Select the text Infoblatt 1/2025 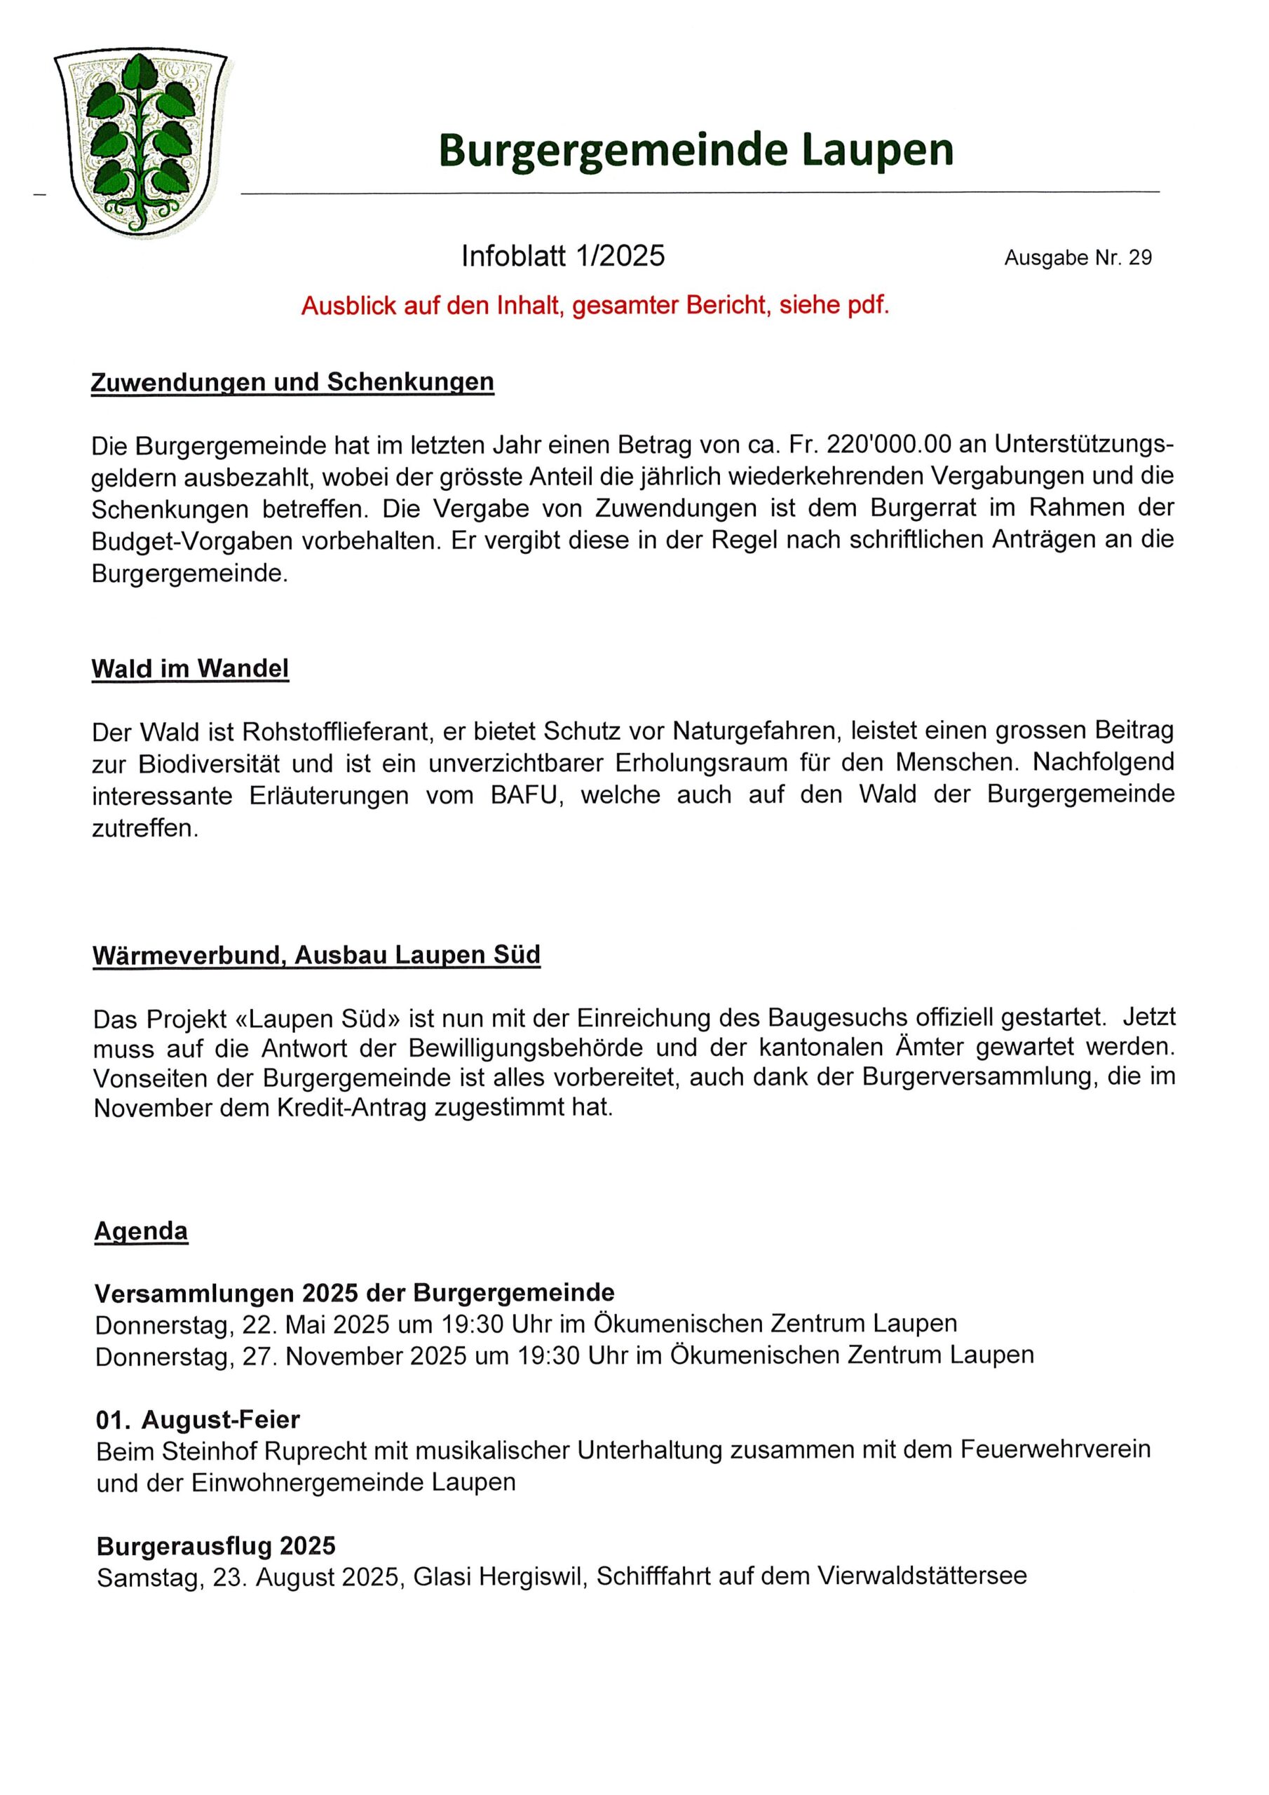tap(562, 257)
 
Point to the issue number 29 tap(1140, 258)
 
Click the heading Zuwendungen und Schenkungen tap(292, 382)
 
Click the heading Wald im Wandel tap(190, 668)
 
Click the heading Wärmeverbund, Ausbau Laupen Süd tap(317, 956)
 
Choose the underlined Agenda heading tap(142, 1231)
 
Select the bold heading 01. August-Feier tap(198, 1419)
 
